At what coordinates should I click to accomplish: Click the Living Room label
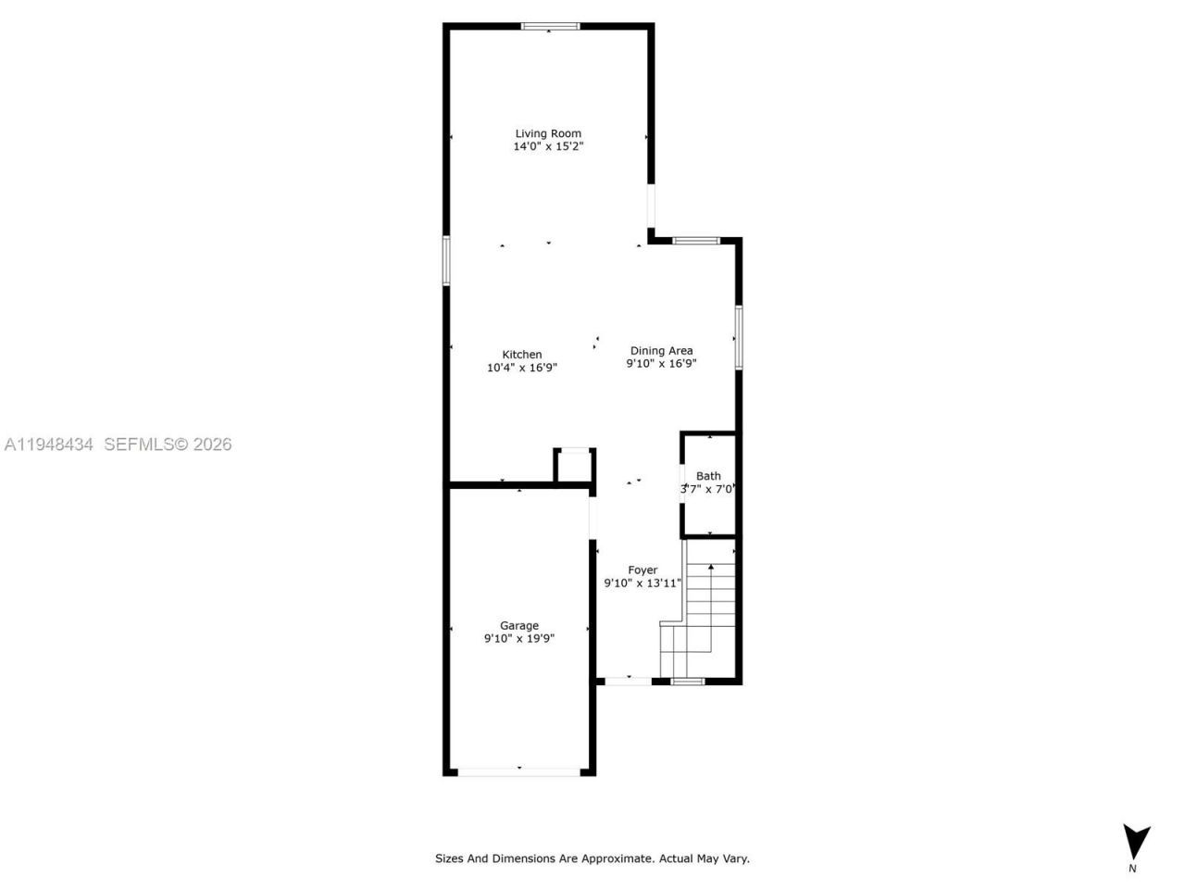tap(548, 133)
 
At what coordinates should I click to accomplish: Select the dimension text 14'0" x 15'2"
tap(548, 146)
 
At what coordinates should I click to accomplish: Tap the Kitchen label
tap(522, 355)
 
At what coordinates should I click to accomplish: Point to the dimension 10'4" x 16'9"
tap(522, 368)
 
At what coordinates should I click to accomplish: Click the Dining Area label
tap(661, 351)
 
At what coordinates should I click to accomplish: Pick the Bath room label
tap(708, 476)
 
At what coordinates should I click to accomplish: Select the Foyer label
tap(642, 570)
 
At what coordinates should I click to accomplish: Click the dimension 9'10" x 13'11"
tap(642, 583)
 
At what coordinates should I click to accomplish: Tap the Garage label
tap(518, 626)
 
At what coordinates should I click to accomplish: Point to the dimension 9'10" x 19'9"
tap(518, 638)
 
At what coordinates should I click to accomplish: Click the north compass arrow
tap(1136, 842)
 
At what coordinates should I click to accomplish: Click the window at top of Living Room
tap(550, 26)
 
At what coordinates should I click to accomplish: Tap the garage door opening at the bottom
tap(518, 770)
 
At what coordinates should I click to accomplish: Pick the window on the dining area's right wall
tap(738, 337)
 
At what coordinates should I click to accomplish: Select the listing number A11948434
tap(49, 444)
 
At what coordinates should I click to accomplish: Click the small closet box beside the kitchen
tap(574, 466)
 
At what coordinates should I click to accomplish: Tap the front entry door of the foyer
tap(628, 681)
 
